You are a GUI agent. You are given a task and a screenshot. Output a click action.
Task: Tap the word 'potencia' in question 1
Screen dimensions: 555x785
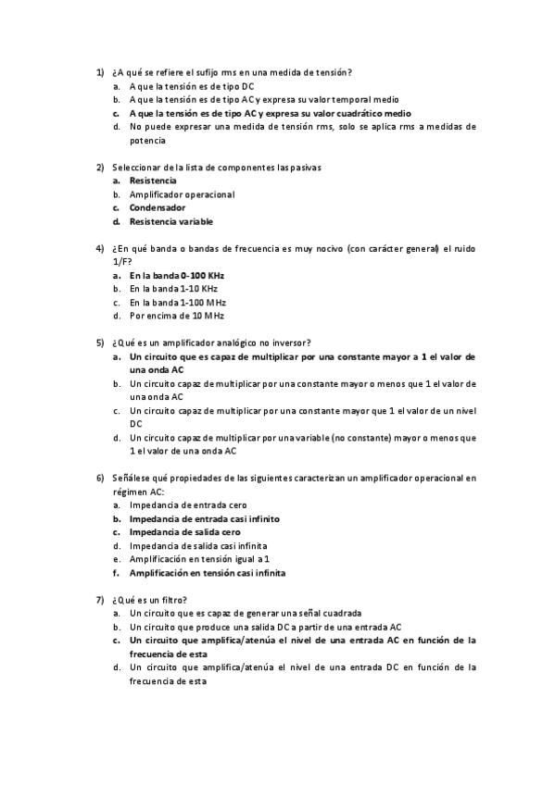[148, 141]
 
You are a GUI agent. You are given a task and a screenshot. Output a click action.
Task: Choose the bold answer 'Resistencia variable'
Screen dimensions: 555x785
[171, 222]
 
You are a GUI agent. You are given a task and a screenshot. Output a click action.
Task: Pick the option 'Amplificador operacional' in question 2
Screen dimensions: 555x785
[182, 194]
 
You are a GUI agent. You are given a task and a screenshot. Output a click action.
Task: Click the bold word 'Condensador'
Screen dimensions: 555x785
[158, 208]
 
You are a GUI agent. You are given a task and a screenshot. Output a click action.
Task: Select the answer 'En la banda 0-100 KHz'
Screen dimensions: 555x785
[177, 276]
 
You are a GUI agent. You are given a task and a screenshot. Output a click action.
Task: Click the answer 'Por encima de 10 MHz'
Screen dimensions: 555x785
[177, 316]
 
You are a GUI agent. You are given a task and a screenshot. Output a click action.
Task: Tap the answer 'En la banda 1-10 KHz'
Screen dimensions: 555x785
[174, 289]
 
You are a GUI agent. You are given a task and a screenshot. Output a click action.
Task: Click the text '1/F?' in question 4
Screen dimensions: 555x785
[120, 262]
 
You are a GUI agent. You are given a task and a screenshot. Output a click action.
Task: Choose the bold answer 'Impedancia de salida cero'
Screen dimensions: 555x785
[185, 532]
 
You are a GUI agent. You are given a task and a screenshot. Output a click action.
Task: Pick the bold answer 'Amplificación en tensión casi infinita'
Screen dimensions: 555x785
[208, 573]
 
